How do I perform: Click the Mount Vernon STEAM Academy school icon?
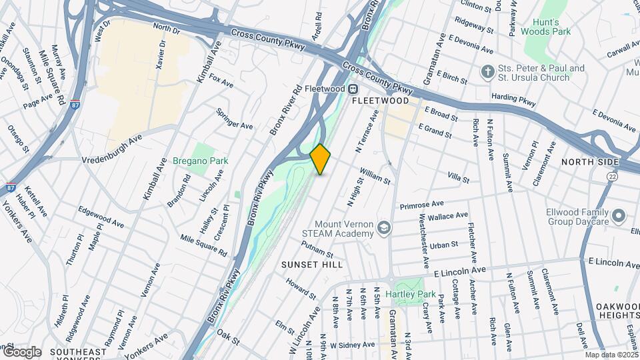point(384,229)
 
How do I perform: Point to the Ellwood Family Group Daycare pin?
point(619,216)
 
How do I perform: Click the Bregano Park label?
point(200,161)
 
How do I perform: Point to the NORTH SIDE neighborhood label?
point(590,162)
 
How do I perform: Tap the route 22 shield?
point(612,175)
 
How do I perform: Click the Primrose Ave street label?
point(421,205)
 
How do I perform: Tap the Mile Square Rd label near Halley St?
point(203,246)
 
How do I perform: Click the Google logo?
point(21,352)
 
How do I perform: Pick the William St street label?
point(374,176)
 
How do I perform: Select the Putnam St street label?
point(317,250)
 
